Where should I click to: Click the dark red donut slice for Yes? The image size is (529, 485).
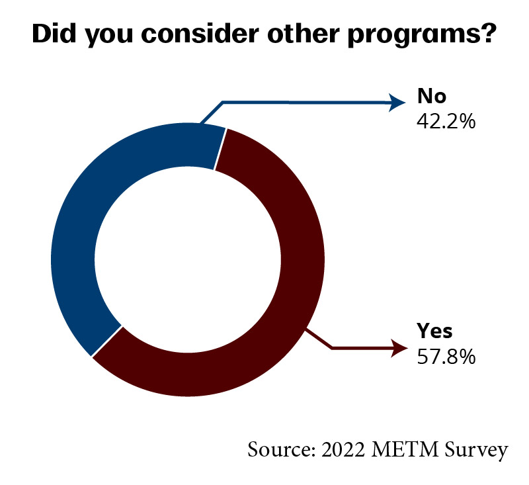(x=291, y=298)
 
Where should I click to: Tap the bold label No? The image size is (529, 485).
(x=432, y=97)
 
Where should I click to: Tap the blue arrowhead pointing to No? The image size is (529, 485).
(x=397, y=102)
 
